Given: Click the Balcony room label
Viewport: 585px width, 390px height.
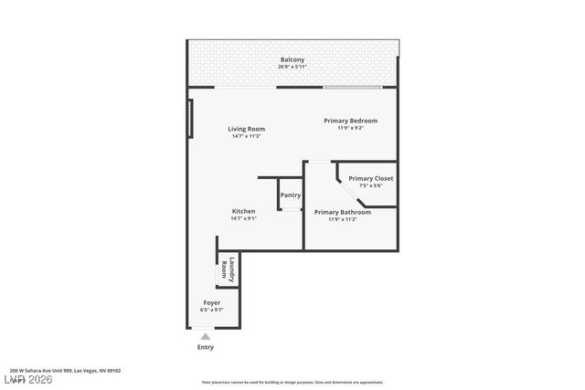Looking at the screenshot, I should coord(292,60).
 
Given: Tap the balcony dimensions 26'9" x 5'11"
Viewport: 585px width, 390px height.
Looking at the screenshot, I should coord(292,67).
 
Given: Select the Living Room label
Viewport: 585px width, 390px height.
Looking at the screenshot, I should coord(245,129).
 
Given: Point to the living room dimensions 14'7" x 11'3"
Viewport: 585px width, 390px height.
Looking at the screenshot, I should coord(245,136).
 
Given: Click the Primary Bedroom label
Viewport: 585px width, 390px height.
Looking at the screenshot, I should coord(350,121).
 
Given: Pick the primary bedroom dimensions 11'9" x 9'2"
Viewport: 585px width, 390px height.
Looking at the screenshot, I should coord(350,128).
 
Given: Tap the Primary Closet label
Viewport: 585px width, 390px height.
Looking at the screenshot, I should coord(370,178).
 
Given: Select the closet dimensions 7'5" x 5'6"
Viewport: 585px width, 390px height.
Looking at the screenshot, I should coord(370,185).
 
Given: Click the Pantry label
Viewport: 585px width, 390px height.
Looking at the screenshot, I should coord(291,195).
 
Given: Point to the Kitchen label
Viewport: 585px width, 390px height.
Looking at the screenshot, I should coord(243,211).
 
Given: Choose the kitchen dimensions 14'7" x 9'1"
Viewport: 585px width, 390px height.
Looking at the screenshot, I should coord(243,218).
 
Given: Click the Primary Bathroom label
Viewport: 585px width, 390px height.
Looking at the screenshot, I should coord(342,212).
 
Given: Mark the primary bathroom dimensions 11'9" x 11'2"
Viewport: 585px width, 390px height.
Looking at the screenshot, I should coord(342,219).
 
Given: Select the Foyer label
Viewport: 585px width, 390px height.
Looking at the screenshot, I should coord(211,302).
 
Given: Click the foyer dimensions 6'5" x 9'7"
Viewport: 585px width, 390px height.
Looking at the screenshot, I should coord(211,310).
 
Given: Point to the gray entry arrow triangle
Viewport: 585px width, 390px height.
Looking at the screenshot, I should coord(206,336).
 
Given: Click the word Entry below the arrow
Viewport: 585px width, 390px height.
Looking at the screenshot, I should coord(206,347).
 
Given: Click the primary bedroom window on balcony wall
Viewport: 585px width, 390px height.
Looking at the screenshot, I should coord(353,88).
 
